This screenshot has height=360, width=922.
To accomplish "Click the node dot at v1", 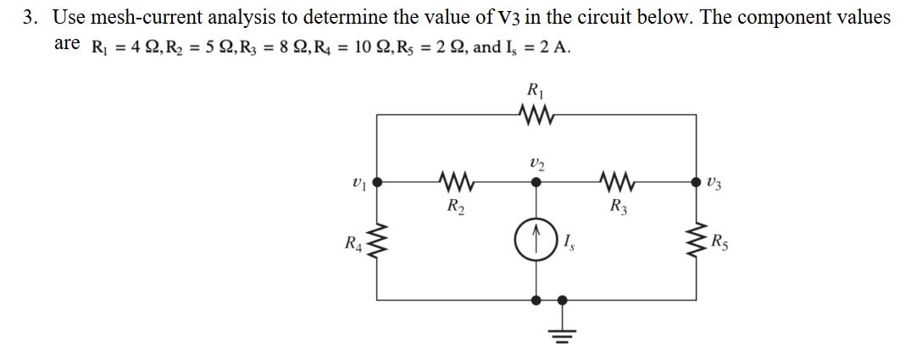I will point(378,181).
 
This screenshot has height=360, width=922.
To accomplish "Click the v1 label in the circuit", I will point(357,181).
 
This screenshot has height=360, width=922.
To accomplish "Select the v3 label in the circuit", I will point(714,181).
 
